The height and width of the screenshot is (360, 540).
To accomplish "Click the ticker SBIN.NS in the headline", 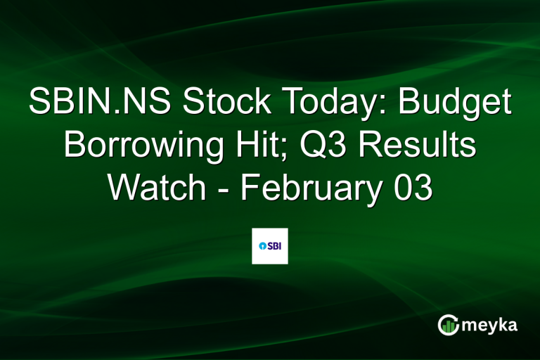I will coord(100,103).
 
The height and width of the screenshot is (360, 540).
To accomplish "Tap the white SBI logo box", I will coord(270,246).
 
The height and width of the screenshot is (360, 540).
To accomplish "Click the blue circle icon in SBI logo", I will coord(262,246).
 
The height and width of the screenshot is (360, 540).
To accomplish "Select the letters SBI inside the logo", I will coord(274,246).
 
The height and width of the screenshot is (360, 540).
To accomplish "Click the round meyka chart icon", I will coord(448,325).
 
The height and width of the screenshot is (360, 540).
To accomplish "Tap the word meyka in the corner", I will coord(493,325).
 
